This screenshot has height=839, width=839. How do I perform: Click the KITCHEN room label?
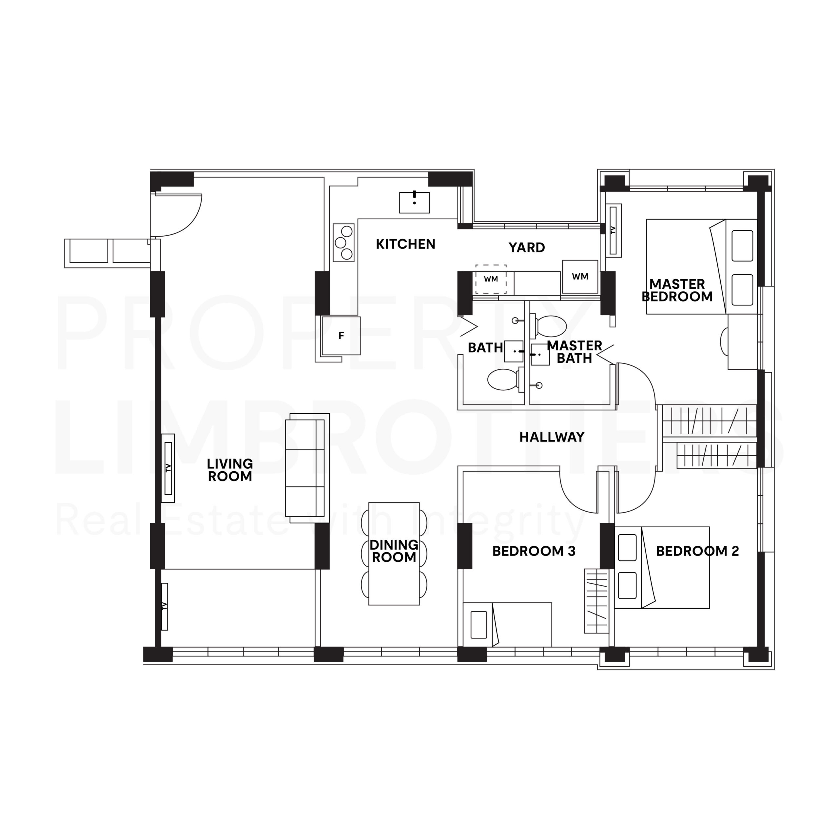coord(405,244)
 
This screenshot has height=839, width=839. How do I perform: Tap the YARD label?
coord(526,247)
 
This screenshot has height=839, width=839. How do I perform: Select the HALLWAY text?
coord(552,437)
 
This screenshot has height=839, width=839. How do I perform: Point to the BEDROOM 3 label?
coord(534,551)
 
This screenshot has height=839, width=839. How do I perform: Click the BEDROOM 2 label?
coord(697,551)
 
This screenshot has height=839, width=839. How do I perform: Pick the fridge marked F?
coord(341,336)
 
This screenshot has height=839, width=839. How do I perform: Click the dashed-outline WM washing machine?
coord(491,279)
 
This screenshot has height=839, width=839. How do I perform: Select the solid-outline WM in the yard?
coord(580,277)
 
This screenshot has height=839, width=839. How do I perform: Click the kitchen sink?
coord(414,202)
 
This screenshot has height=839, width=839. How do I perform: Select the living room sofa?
coord(306,468)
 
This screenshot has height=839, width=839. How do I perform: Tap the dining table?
coord(394,553)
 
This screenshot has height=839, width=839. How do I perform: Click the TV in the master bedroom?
coord(613,229)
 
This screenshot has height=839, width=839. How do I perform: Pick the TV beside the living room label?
coord(168,468)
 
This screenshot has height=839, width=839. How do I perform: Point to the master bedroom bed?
coord(701,266)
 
